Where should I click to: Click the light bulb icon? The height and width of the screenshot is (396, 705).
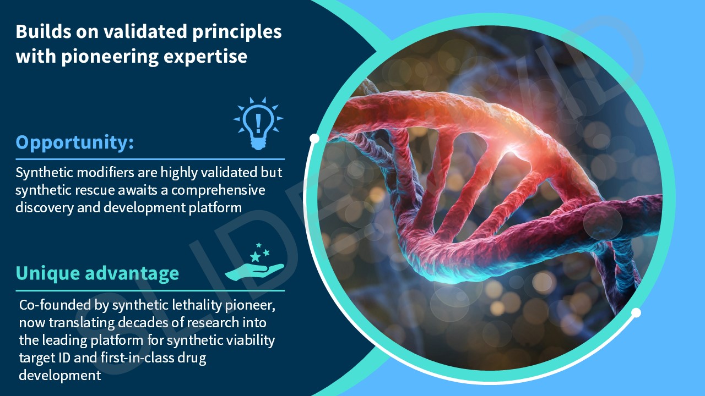(x=258, y=123)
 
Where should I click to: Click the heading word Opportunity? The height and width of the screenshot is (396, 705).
(x=75, y=142)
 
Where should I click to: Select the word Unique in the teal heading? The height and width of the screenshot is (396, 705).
(x=47, y=273)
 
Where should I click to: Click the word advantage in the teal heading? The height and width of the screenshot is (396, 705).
(x=132, y=273)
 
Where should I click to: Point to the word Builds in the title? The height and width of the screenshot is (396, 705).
(x=44, y=31)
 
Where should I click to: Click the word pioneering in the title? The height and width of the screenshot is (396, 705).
(x=110, y=57)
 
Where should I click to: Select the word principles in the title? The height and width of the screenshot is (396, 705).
(x=237, y=32)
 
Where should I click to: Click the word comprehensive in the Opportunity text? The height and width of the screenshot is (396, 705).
(x=218, y=190)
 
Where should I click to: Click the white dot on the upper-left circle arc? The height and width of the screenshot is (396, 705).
(x=314, y=138)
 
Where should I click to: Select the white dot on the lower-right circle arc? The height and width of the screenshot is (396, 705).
(x=636, y=313)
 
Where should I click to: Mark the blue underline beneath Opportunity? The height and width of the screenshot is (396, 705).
(x=150, y=159)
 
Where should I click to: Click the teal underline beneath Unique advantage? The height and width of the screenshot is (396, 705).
(x=150, y=291)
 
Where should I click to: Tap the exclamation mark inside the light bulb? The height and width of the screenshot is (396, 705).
(x=258, y=123)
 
